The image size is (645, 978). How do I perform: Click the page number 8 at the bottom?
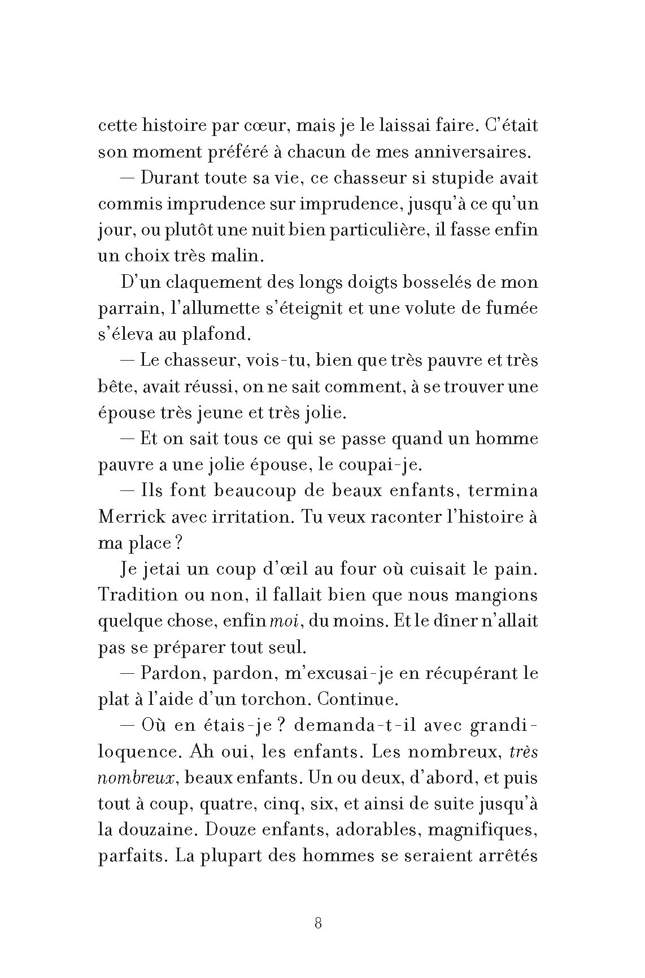[x=317, y=924]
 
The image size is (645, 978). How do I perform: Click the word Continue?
[x=358, y=700]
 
